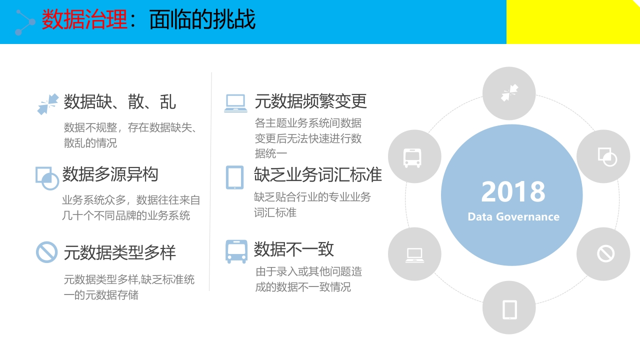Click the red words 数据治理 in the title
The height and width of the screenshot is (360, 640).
coord(84,19)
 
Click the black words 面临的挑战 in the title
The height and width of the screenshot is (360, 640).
coord(202,19)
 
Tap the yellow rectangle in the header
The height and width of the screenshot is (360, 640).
coord(573,21)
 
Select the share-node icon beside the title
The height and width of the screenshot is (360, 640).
coord(25,22)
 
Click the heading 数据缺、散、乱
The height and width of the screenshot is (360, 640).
coord(119,101)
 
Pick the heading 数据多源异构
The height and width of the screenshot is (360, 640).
coord(110,174)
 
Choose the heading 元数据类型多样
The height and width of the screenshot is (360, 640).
coord(119,252)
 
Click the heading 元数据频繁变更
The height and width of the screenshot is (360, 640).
coord(310,101)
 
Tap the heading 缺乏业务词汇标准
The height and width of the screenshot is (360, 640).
coord(317,174)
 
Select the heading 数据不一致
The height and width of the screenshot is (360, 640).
coord(293,249)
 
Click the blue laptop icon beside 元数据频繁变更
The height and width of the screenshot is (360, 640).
coord(235,103)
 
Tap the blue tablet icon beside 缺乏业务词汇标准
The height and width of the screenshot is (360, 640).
coord(235,177)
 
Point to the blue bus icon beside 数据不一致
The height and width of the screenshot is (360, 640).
coord(236,251)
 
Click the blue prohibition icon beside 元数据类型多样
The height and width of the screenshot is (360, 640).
coord(46,252)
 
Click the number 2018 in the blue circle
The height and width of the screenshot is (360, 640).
coord(513,191)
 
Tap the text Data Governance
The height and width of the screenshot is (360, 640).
coord(513,217)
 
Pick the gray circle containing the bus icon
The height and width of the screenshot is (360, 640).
coord(414,156)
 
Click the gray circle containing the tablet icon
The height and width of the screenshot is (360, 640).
coord(509,307)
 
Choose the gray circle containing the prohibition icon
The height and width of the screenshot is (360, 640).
coord(603,254)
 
